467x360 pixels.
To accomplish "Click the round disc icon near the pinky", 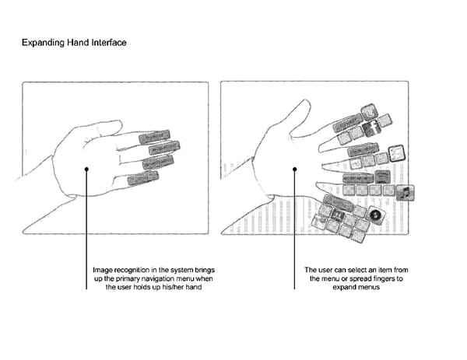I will click(x=377, y=215).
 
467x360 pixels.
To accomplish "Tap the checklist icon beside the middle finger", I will click(x=398, y=152).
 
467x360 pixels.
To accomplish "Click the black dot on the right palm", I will click(x=294, y=169).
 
